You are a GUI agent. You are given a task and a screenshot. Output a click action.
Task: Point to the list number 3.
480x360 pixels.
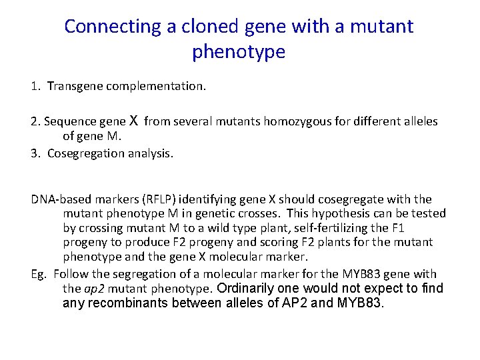(34, 153)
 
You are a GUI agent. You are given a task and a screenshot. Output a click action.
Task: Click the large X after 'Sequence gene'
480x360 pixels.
(133, 121)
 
